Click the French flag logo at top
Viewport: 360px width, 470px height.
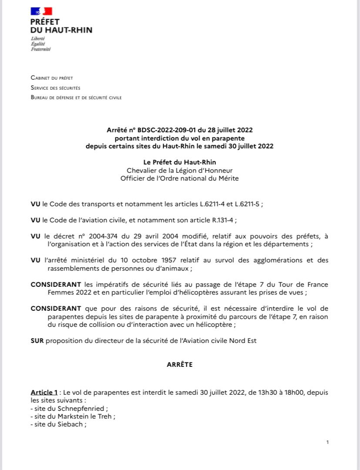coord(41,11)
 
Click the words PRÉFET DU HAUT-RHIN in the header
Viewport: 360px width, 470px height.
coord(61,26)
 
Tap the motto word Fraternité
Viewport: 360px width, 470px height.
coord(40,49)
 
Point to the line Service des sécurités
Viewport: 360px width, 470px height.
coord(55,87)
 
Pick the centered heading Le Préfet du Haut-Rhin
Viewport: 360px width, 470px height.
coord(179,162)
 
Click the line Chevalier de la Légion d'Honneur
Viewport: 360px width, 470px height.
coord(179,170)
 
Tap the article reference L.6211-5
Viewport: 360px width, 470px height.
coord(255,204)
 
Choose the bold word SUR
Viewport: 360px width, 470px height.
coord(37,341)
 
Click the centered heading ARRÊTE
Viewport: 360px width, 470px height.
coord(179,365)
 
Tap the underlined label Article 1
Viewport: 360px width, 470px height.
coord(44,393)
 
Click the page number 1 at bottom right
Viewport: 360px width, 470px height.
coord(327,442)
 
